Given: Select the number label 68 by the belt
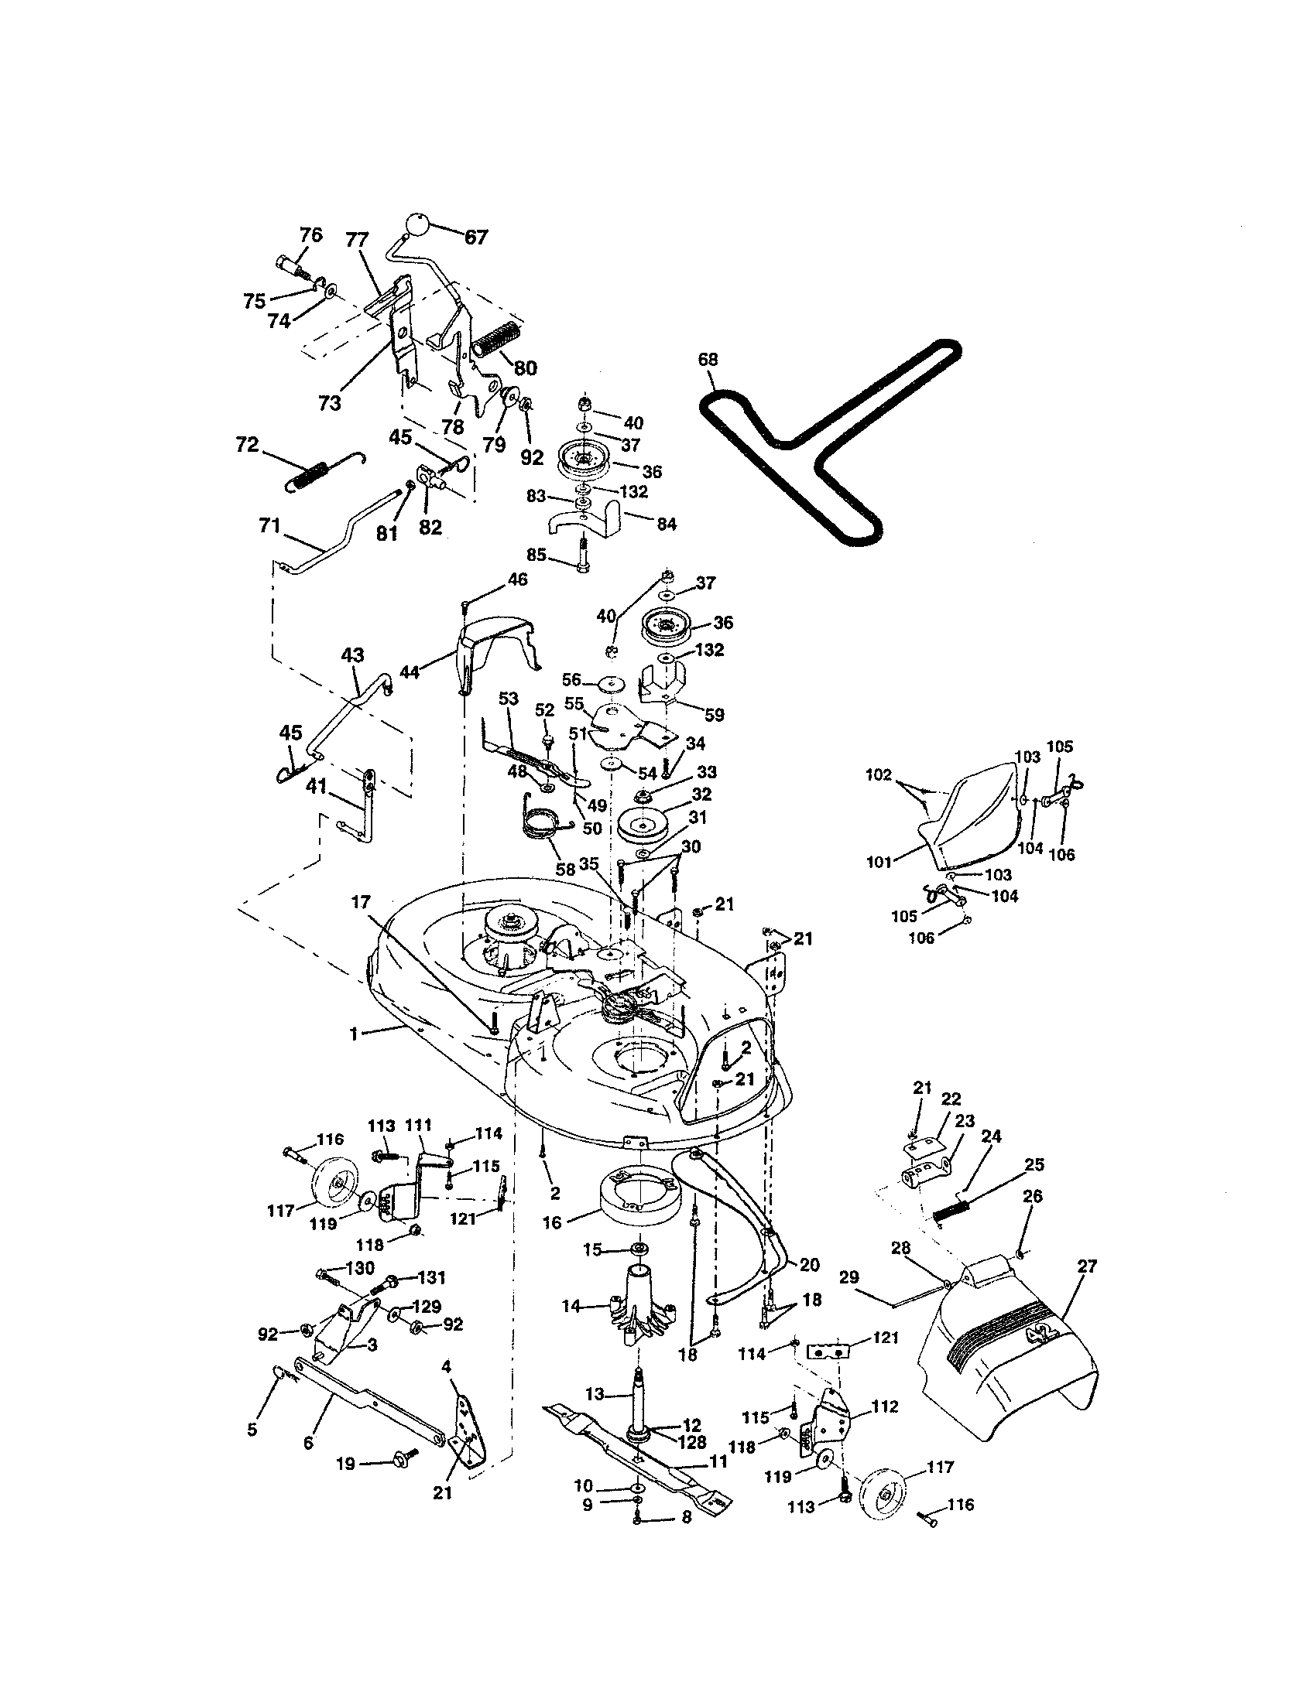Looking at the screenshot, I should tap(708, 359).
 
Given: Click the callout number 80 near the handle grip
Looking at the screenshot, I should tap(526, 367).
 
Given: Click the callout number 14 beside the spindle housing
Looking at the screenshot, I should tap(572, 1305).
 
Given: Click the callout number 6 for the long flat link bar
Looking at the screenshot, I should tap(308, 1443).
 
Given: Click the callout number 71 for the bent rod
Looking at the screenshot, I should tap(269, 526).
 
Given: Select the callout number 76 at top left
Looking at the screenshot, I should tap(310, 234).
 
